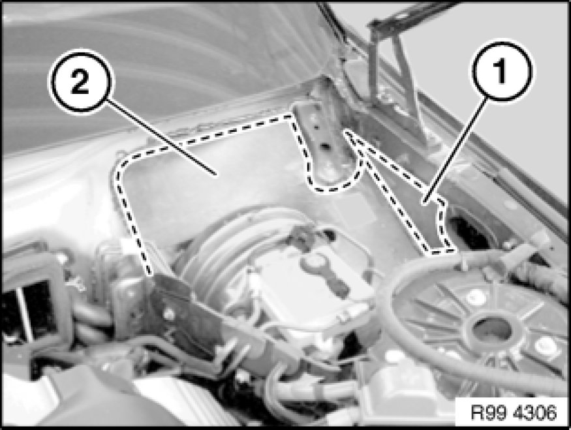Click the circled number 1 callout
tap(501, 70)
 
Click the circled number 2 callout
tap(80, 80)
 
